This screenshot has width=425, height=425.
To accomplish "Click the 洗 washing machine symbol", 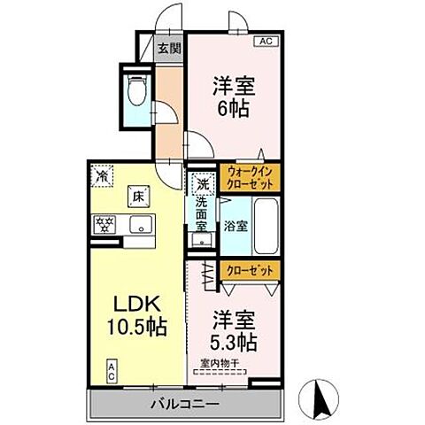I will (203, 186).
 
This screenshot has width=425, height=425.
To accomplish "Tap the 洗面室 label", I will (203, 213).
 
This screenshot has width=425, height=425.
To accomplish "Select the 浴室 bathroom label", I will (236, 226).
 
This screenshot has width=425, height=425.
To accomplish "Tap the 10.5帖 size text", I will (133, 325).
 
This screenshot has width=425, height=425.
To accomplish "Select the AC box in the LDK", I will (112, 369).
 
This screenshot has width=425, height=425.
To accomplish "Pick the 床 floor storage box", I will (137, 195).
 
